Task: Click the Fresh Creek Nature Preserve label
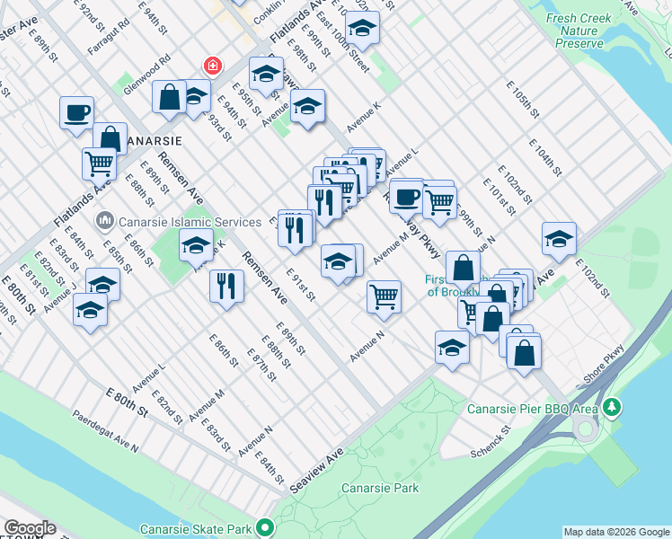coord(579,31)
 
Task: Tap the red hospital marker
coord(213,66)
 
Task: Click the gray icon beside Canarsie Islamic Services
coord(104,220)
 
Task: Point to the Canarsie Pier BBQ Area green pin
coord(612,408)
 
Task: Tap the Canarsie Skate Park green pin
coord(264,527)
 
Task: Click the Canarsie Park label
coord(380,489)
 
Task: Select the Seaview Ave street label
coord(316,471)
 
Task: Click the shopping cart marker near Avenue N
coord(384,296)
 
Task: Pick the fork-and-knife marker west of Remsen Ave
coord(226,286)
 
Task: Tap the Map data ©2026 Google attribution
coord(616,532)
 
